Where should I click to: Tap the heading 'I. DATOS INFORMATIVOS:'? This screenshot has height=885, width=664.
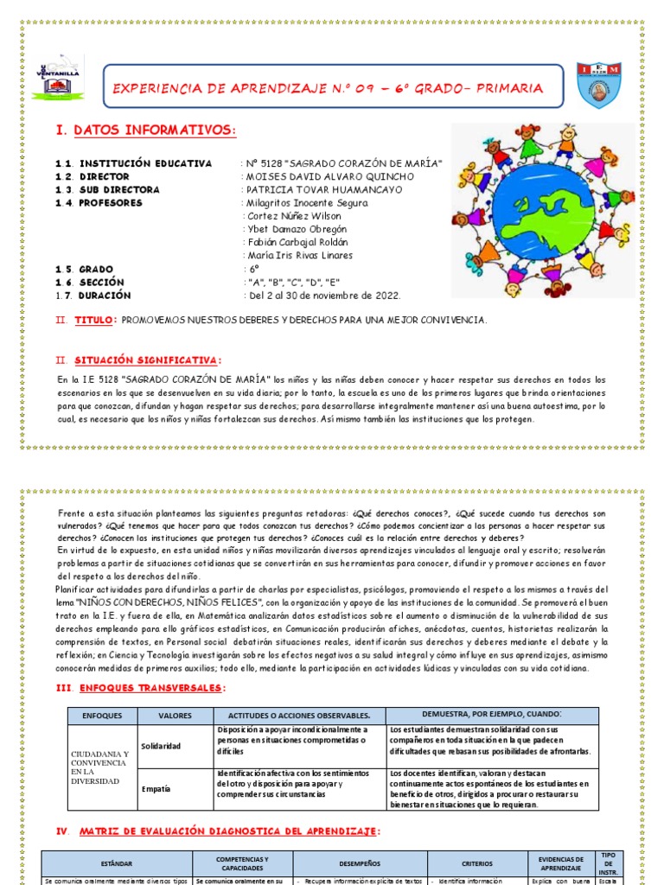pos(145,130)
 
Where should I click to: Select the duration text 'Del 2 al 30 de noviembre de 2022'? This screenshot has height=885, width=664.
pos(324,295)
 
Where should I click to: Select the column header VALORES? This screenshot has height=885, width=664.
pos(175,716)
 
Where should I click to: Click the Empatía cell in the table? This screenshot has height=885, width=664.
pos(156,788)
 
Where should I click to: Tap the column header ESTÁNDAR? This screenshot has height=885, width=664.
pos(117,862)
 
